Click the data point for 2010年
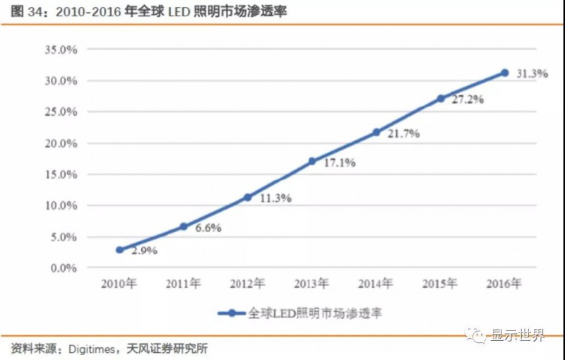[119, 250]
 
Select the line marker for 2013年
[312, 161]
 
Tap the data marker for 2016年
[504, 73]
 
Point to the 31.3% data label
[531, 73]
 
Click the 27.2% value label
[468, 100]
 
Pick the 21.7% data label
[403, 133]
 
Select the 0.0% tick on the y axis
[63, 268]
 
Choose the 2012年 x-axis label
[248, 284]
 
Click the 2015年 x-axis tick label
[440, 284]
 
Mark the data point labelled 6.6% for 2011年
[184, 227]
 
